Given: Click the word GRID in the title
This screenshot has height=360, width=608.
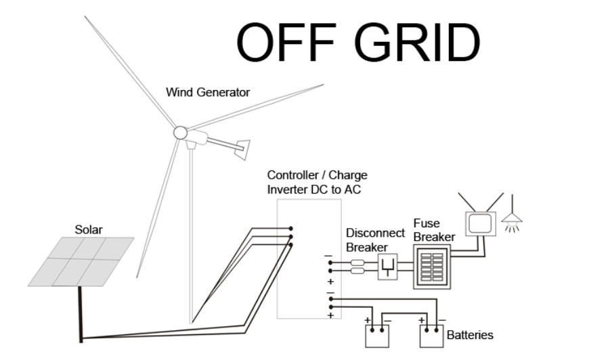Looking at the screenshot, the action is [417, 42].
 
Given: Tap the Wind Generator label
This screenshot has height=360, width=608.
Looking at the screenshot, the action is [208, 92].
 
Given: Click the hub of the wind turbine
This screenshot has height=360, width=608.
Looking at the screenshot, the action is [180, 133].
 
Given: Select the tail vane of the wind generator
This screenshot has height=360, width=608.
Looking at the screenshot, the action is [242, 149].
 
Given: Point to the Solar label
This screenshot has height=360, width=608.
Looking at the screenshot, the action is [89, 230].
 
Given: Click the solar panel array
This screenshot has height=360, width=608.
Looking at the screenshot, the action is [81, 262].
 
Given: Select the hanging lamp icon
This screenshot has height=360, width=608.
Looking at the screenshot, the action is [513, 215].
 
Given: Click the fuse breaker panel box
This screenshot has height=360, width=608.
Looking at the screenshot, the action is [432, 266].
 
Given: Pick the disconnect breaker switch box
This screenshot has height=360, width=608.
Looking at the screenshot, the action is [388, 267].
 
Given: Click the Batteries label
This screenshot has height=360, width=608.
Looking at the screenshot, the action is [470, 335].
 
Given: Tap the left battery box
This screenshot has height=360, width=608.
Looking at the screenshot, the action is [377, 336].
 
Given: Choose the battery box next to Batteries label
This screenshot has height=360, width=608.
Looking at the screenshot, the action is [431, 336].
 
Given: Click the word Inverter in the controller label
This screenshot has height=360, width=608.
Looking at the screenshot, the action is [287, 189].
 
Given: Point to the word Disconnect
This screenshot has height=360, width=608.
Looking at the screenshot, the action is [375, 233].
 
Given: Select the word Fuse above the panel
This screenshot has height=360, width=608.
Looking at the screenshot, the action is [427, 223].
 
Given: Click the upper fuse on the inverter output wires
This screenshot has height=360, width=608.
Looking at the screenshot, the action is [357, 263].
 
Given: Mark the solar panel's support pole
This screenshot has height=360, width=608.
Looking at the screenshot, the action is [81, 314].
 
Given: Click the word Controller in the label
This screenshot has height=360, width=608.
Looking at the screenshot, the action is [295, 175].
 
